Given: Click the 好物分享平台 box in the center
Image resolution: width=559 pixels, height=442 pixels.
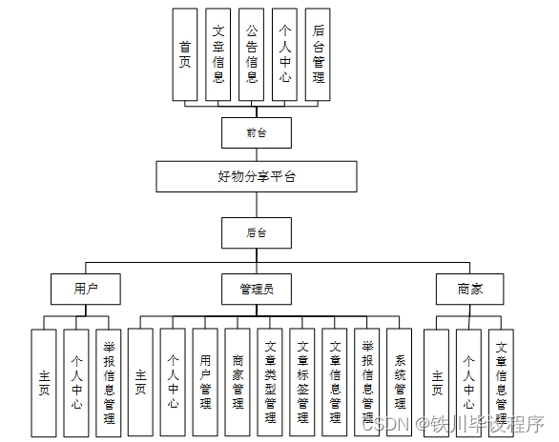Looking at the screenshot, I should click(x=257, y=176).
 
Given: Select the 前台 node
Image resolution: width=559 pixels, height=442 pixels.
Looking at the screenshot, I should click(x=256, y=132).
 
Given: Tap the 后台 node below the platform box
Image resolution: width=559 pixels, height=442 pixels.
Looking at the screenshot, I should click(x=256, y=231).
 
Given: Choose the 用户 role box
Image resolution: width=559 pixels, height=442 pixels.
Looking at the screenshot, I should click(x=85, y=288).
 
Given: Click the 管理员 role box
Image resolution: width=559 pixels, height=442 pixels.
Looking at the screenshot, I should click(x=257, y=288).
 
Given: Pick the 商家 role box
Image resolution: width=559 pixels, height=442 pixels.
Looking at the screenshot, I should click(x=468, y=288).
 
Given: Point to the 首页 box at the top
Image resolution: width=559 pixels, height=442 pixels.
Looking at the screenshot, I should click(x=185, y=54).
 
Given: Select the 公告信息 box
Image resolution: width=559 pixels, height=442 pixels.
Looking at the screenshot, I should click(x=251, y=54).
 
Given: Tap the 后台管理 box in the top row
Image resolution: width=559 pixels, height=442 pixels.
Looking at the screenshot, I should click(x=318, y=54).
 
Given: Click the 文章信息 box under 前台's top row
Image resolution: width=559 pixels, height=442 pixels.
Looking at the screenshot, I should click(x=218, y=54).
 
